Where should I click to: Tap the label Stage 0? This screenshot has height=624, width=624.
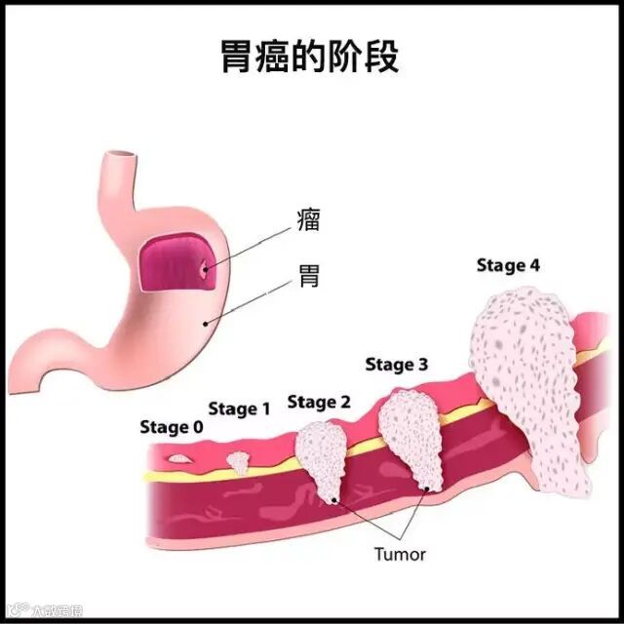click(172, 427)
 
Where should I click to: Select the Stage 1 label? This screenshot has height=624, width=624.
click(239, 409)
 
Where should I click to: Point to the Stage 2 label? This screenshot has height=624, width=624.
click(319, 402)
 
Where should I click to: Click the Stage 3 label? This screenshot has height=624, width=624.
click(397, 366)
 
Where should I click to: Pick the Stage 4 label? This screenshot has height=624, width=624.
click(508, 265)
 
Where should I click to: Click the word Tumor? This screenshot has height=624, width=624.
click(400, 554)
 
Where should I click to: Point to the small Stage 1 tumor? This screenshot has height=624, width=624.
click(239, 461)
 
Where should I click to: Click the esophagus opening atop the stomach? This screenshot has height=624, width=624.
click(122, 155)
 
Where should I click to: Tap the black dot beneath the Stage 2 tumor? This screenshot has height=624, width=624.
click(335, 500)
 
